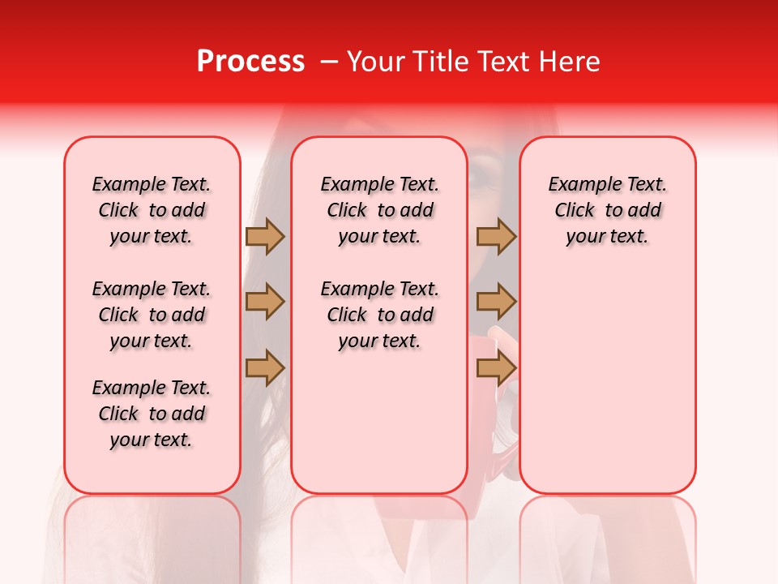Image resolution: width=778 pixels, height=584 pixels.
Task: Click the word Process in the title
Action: pos(250,62)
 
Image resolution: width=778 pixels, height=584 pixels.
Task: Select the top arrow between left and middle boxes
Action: pos(265,236)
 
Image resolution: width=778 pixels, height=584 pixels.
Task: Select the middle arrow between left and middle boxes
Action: pos(265,302)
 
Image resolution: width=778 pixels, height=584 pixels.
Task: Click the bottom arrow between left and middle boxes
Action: pos(265,367)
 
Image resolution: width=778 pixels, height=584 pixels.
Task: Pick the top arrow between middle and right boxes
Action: pos(496,236)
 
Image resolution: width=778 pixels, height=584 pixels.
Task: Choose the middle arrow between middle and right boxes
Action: pos(496,302)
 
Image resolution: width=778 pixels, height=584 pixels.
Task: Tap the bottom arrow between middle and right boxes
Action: pos(496,367)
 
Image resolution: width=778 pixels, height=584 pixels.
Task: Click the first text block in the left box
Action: pos(152,210)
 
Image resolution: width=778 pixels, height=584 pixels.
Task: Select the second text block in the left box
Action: pos(152,315)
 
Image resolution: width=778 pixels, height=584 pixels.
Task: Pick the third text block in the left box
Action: pos(152,414)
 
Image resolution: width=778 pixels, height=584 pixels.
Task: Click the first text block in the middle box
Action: pos(379,210)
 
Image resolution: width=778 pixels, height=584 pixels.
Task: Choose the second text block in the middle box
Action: pos(379,315)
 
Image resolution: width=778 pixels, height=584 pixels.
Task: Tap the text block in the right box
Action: pos(607,210)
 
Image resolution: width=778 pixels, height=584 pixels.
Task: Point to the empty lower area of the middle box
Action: pos(379,422)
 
